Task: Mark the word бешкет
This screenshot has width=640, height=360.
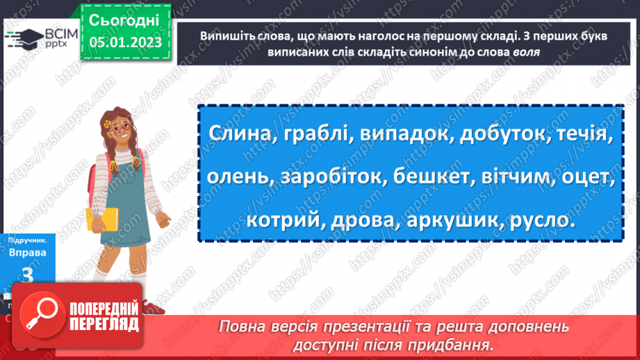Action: [x=429, y=177]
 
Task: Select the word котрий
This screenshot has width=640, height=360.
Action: [x=281, y=220]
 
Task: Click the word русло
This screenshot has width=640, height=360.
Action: [x=539, y=220]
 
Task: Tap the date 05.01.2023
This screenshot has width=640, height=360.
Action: [x=125, y=42]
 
